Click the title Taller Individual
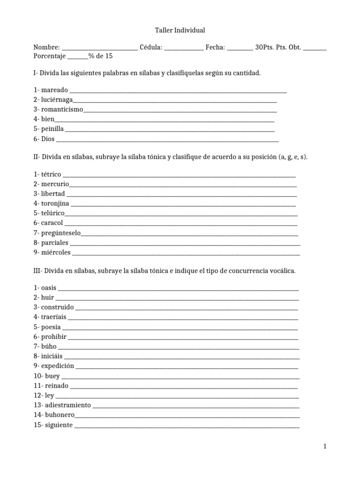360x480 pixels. click(x=180, y=30)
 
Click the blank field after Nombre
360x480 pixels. click(x=99, y=48)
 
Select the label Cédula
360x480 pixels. click(x=151, y=47)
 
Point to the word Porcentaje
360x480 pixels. click(x=49, y=56)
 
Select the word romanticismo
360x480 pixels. click(x=62, y=110)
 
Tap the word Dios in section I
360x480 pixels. click(x=48, y=139)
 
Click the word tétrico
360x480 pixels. click(x=51, y=174)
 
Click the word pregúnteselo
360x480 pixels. click(x=61, y=232)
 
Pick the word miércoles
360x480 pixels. click(x=56, y=252)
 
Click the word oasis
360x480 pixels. click(x=49, y=288)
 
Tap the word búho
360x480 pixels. click(x=49, y=346)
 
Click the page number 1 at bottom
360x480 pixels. click(x=324, y=447)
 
